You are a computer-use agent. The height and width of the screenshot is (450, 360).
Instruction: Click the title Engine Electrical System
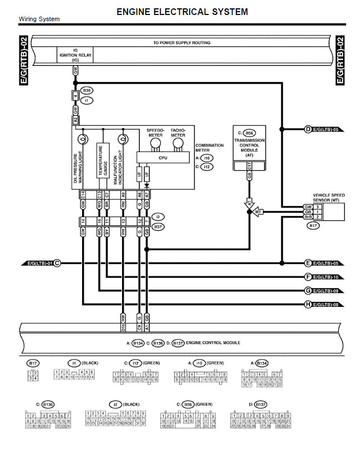click(182, 11)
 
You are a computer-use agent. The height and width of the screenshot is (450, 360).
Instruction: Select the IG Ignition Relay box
click(75, 55)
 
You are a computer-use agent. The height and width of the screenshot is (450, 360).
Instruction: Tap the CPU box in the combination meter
click(163, 158)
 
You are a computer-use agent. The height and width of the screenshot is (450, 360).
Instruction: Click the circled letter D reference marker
click(308, 129)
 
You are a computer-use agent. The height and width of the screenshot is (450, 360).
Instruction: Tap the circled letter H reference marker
click(308, 304)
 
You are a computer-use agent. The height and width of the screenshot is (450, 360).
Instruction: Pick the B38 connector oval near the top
click(87, 90)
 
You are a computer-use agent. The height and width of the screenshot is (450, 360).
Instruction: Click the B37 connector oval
click(158, 226)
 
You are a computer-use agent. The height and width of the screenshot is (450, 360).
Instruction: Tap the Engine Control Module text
click(214, 343)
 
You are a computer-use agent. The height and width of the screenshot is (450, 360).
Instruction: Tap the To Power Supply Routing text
click(181, 42)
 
